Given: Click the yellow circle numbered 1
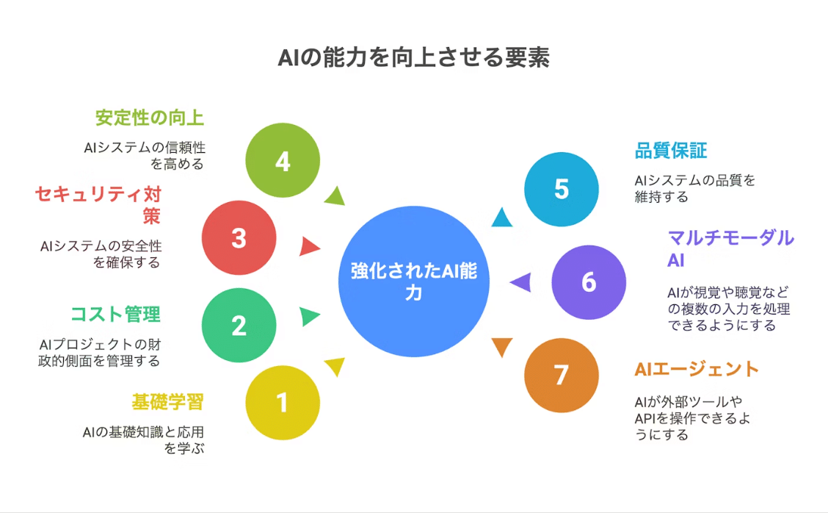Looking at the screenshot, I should tap(283, 403).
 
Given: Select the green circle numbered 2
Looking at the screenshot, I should tap(239, 326).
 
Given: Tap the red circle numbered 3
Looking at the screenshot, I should tap(239, 238).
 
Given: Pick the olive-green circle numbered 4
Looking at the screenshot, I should tap(283, 160).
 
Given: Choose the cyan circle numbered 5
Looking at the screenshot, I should tap(562, 189).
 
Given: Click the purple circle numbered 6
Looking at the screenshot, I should tap(589, 282).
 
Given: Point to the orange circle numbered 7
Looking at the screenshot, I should tap(562, 375).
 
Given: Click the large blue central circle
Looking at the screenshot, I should tap(415, 281).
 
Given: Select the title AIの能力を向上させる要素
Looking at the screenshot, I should tap(414, 58).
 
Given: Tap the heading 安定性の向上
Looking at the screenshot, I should tap(150, 118).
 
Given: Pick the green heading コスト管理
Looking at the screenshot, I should tap(115, 315).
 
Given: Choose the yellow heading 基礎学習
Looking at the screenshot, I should tap(167, 402).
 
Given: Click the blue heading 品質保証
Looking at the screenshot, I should tap(670, 151).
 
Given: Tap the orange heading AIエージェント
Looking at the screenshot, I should tap(696, 369).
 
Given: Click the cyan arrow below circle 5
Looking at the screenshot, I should tap(502, 218).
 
